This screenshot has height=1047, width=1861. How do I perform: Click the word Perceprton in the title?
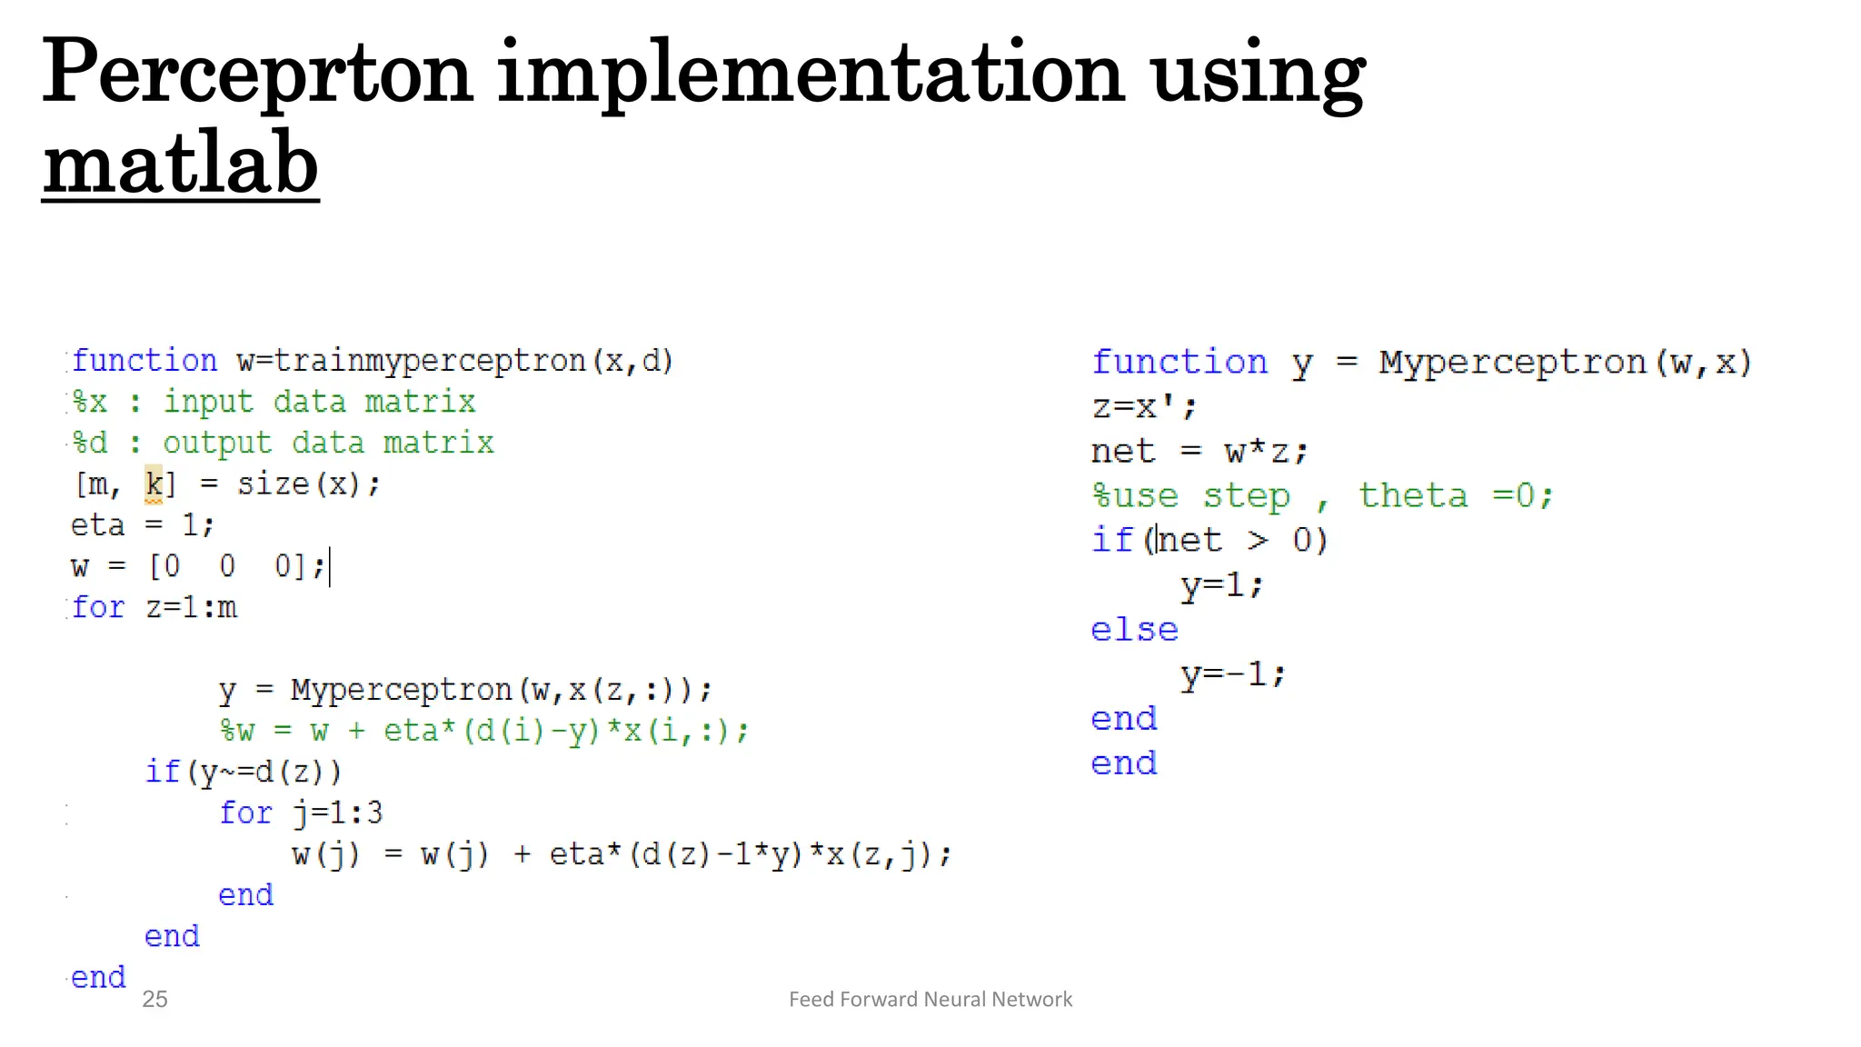pyautogui.click(x=257, y=73)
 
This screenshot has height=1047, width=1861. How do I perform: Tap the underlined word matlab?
pyautogui.click(x=180, y=164)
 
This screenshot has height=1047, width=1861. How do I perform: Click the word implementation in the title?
pyautogui.click(x=811, y=73)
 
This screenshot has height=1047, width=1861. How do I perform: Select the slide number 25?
pyautogui.click(x=154, y=1000)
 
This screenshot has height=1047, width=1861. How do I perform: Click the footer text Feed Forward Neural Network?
pyautogui.click(x=930, y=1000)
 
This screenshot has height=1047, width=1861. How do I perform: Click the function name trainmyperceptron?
pyautogui.click(x=429, y=362)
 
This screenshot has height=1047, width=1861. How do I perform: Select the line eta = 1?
pyautogui.click(x=143, y=525)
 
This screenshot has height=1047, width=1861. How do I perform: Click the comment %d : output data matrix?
pyautogui.click(x=283, y=444)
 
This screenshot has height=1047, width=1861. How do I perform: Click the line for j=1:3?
pyautogui.click(x=301, y=813)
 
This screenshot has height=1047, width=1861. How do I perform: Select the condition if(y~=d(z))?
pyautogui.click(x=244, y=772)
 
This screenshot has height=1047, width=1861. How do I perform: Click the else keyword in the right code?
pyautogui.click(x=1134, y=630)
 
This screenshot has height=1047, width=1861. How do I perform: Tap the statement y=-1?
pyautogui.click(x=1233, y=674)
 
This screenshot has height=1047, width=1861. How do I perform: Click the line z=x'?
pyautogui.click(x=1144, y=406)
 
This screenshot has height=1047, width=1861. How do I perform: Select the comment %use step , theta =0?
pyautogui.click(x=1322, y=496)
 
